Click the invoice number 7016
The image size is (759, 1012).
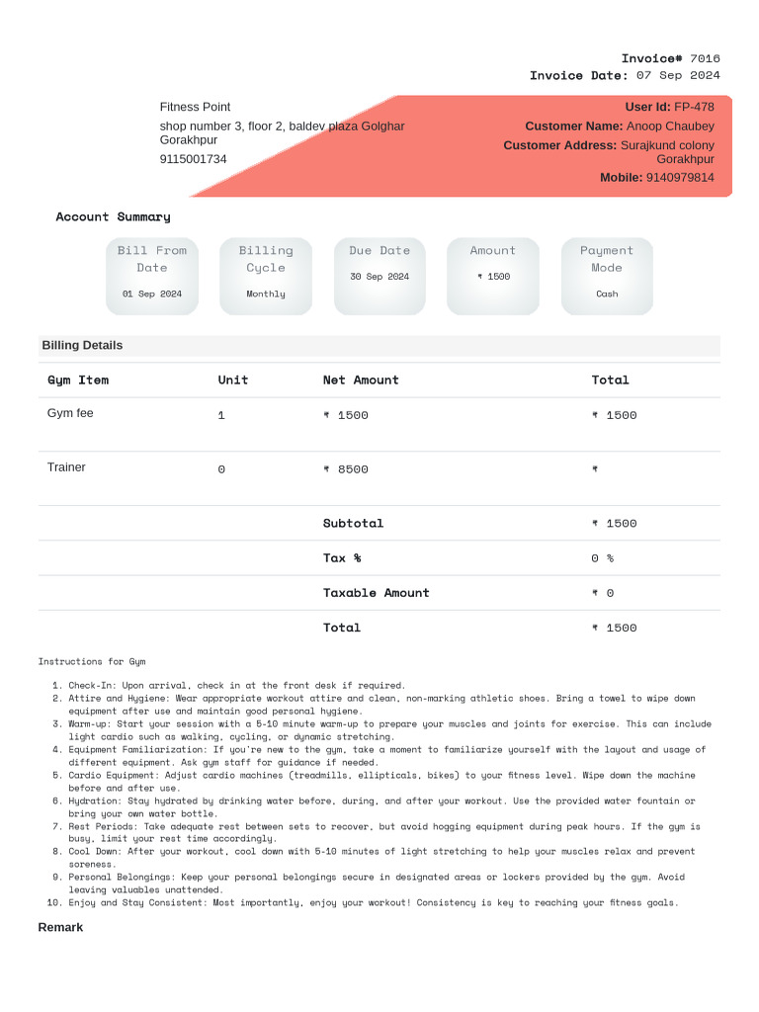pos(705,58)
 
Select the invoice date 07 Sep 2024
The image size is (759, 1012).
pos(678,75)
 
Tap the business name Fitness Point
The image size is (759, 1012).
pos(195,107)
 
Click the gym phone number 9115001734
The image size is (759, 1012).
pos(193,159)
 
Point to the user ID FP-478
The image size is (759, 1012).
pos(694,107)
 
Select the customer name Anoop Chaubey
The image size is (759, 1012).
pos(670,126)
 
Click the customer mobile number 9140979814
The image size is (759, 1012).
pos(680,178)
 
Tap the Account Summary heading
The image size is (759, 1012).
pos(113,216)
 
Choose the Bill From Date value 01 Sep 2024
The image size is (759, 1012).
pos(152,294)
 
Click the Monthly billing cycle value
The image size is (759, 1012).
pos(266,294)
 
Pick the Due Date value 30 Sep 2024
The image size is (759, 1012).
pos(379,277)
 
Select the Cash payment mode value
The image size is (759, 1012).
pos(607,294)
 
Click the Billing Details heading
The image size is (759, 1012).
pos(82,345)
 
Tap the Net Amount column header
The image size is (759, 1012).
pos(361,379)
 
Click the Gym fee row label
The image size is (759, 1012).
pos(70,413)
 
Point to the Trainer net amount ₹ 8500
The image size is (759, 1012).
pos(346,469)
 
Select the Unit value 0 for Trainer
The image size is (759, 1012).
pos(221,469)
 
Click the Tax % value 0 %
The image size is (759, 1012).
pos(602,558)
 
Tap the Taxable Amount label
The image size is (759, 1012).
pos(376,593)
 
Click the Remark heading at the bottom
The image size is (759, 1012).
pos(60,927)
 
